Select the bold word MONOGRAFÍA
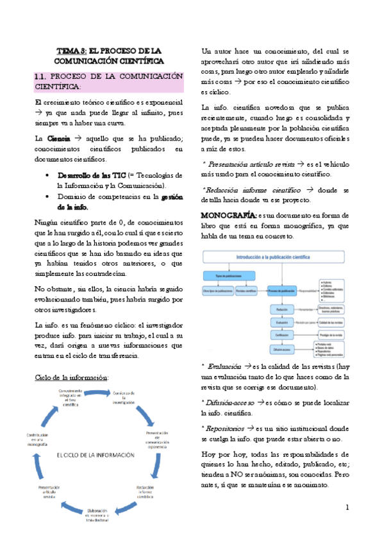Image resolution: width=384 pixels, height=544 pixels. [228, 214]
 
